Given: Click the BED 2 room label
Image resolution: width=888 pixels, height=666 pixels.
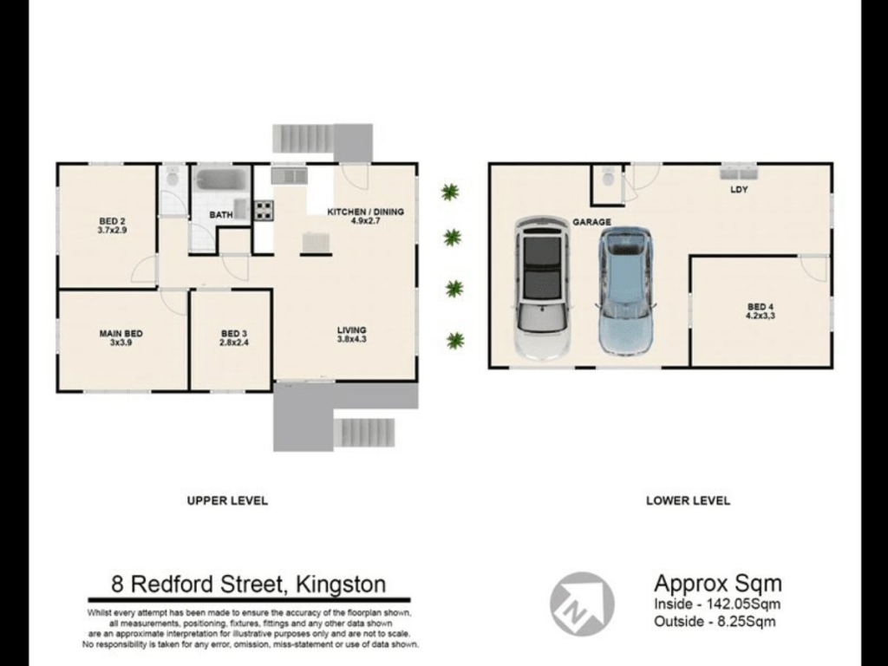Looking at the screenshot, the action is [x=112, y=221].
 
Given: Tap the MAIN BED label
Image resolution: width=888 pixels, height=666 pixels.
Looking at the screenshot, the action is [x=121, y=334].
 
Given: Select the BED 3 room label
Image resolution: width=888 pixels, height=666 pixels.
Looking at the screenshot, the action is [x=234, y=334].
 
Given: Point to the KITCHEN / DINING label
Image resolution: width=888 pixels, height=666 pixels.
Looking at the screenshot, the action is [x=366, y=212].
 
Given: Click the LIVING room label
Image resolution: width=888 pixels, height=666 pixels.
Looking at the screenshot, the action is [x=352, y=330].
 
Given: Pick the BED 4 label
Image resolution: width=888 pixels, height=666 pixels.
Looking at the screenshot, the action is [x=760, y=307].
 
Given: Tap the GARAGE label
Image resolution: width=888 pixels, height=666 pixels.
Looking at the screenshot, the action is [x=591, y=222].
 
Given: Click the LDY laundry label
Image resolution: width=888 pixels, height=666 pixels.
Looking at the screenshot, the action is [x=739, y=190].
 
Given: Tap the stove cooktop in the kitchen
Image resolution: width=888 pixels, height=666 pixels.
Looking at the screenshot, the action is [x=264, y=211].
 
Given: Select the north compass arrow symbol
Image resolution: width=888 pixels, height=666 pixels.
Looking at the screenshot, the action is [x=582, y=604].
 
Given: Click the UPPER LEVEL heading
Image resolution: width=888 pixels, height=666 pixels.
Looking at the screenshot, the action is [x=227, y=500].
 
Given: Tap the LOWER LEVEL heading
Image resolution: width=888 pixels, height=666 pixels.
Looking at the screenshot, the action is [x=688, y=500].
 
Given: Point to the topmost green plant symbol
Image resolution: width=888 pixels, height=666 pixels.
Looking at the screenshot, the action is [x=450, y=192].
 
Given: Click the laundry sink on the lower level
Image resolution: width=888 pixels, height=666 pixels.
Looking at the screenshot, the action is [x=739, y=171].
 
